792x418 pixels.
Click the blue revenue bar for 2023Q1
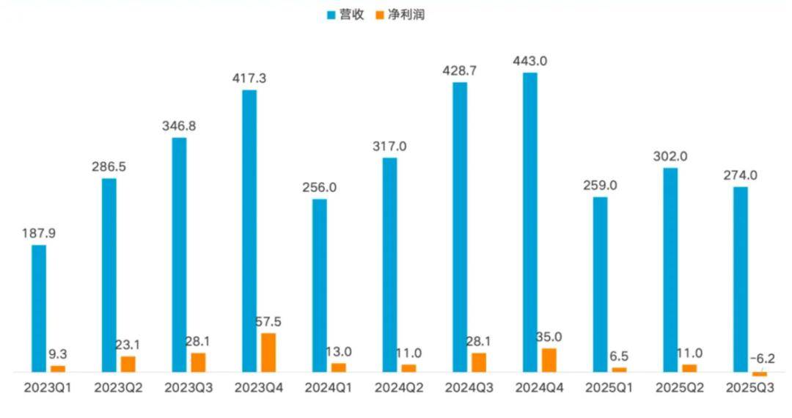(x=39, y=309)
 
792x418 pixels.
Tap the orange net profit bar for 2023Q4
(x=268, y=353)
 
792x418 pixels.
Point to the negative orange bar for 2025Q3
(x=760, y=375)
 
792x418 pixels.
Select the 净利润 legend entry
(x=400, y=15)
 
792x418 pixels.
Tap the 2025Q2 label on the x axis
(x=678, y=388)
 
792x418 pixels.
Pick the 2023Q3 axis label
(x=188, y=388)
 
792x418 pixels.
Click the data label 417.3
(x=249, y=77)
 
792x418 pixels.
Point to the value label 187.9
(x=39, y=232)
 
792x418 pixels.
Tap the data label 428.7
(x=460, y=70)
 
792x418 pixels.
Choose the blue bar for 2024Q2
(x=389, y=265)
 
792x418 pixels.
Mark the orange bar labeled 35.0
(x=549, y=360)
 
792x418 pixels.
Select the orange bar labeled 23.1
(x=128, y=364)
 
